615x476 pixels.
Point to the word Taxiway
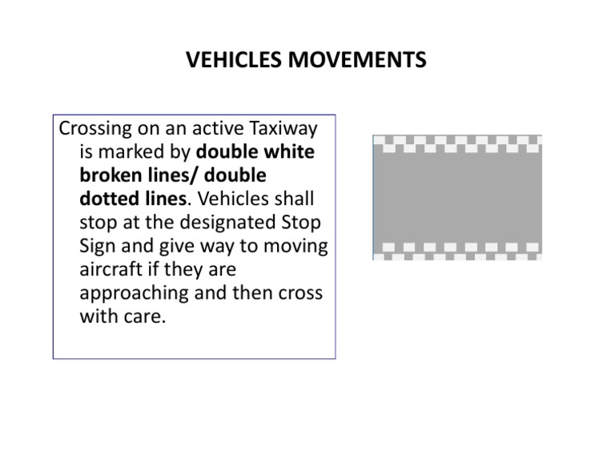284,129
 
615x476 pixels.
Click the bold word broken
111,175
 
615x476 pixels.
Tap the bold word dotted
109,199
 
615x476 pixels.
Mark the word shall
293,199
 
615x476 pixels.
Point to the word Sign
98,245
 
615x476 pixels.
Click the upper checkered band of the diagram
457,144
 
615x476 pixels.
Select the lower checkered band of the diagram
457,250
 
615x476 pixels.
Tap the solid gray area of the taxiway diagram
457,197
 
